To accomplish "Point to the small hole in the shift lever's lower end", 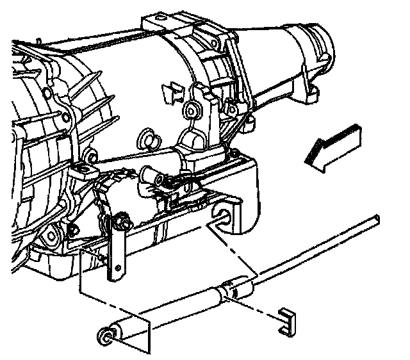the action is (116, 273).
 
